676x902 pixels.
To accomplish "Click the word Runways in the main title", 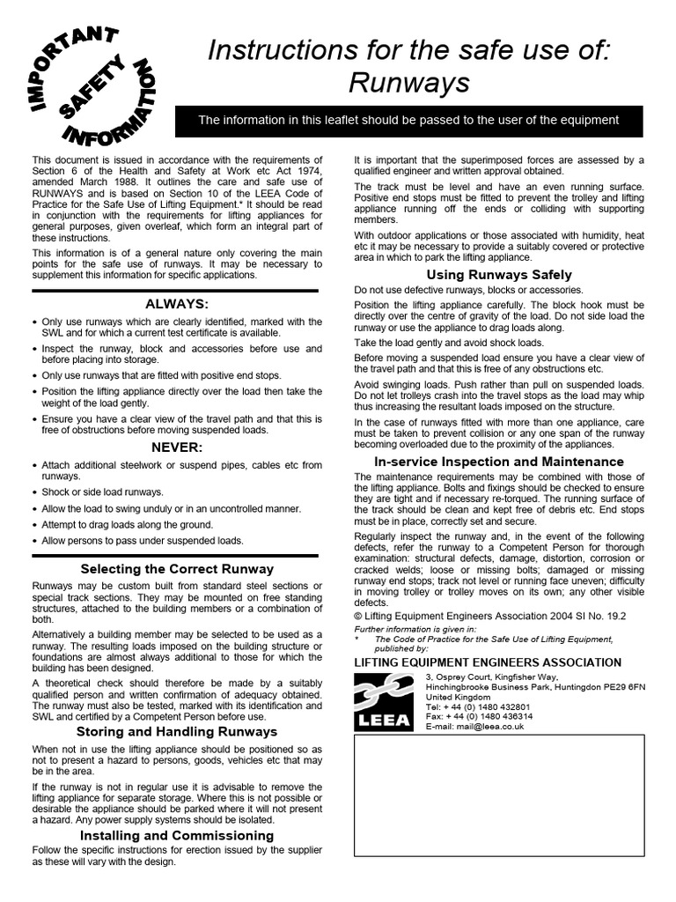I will point(409,83).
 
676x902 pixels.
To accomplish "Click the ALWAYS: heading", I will point(176,304).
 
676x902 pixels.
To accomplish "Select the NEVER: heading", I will point(176,447).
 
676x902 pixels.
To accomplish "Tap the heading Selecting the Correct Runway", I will point(176,569).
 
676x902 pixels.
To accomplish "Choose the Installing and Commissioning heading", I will point(176,835).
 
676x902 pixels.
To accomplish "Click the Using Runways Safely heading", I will point(499,275).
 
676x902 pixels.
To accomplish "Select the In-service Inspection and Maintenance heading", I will point(499,462).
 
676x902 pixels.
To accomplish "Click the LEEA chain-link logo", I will point(384,701).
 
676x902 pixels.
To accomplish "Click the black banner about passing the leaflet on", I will point(408,121).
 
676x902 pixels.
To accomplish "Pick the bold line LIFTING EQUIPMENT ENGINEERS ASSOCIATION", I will point(487,662).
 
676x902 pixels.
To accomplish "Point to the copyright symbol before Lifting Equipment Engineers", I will point(358,616).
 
